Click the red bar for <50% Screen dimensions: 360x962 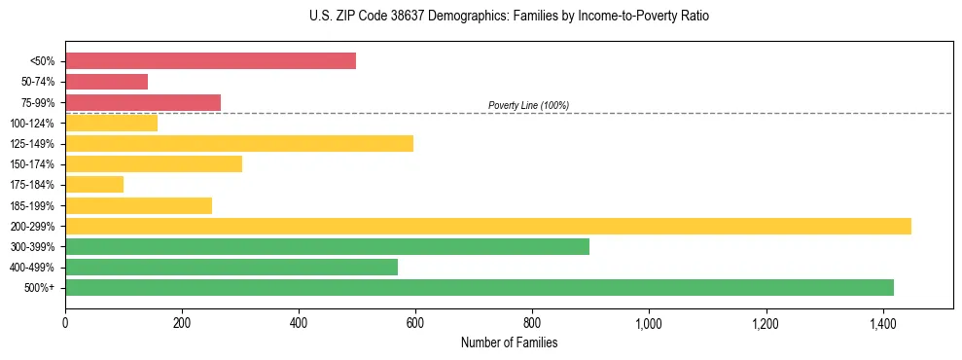tap(210, 61)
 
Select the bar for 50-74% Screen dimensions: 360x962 tap(106, 82)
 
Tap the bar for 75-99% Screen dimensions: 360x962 tap(143, 102)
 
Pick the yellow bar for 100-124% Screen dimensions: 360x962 tap(111, 123)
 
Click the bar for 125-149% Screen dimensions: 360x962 tap(239, 144)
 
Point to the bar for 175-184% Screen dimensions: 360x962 tap(94, 185)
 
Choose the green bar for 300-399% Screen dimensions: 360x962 tap(327, 246)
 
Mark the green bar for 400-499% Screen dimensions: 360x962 tap(232, 267)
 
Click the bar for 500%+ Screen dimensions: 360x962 tap(480, 287)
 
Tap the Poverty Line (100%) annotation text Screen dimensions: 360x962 tap(528, 105)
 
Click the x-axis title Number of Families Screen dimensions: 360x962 tap(509, 342)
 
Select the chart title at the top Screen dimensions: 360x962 tap(509, 17)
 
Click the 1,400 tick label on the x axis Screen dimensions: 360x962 tap(882, 322)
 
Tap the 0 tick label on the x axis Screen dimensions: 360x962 tap(65, 322)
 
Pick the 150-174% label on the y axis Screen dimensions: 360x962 tap(33, 164)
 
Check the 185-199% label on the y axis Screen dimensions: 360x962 tap(33, 205)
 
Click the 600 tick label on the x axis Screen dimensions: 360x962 tap(415, 322)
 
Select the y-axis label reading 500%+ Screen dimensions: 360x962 tap(40, 288)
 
